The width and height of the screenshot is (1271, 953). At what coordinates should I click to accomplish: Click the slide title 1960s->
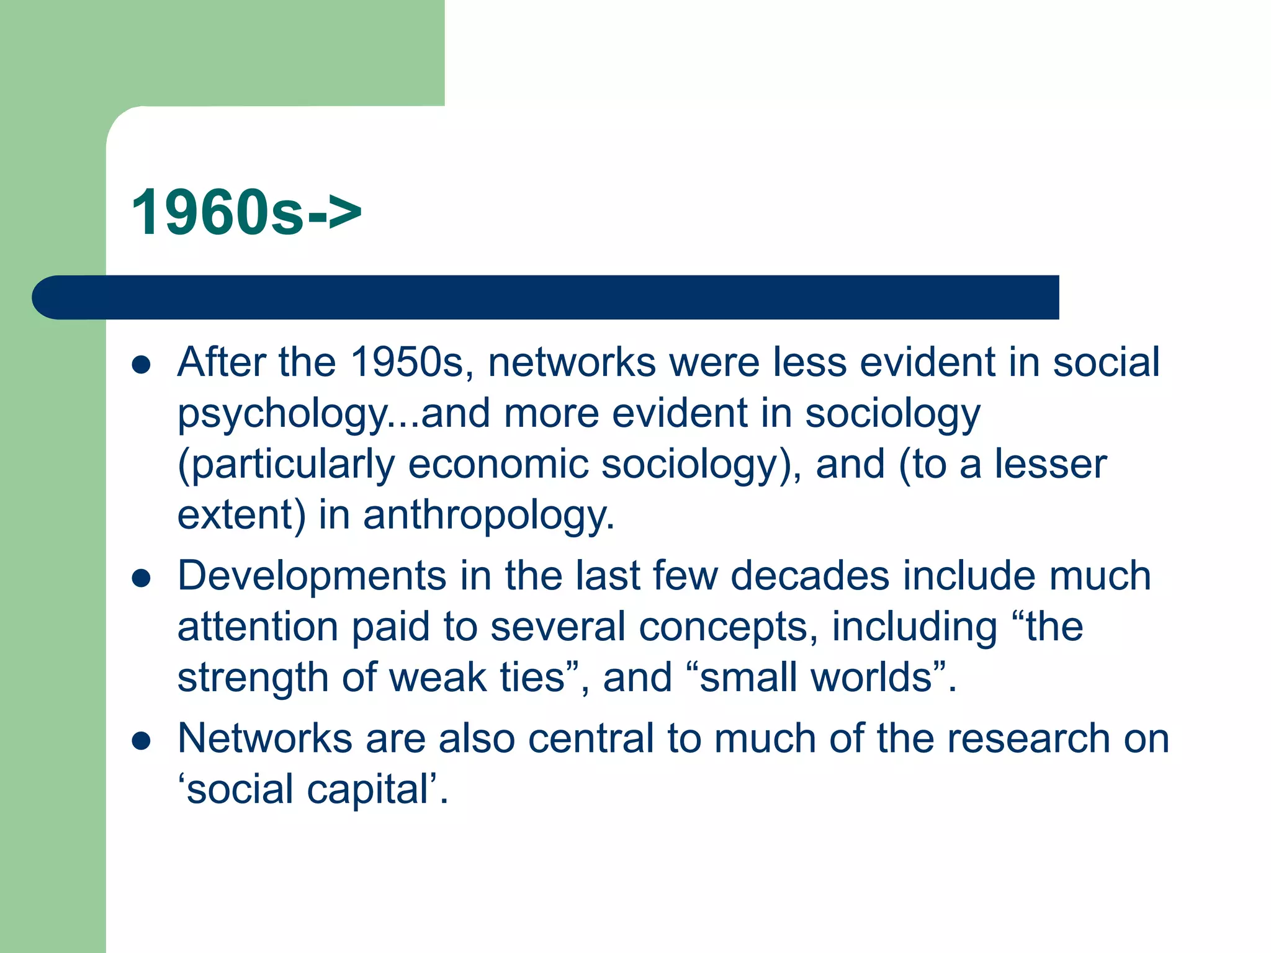[246, 213]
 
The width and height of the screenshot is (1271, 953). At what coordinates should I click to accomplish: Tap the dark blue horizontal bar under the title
[546, 297]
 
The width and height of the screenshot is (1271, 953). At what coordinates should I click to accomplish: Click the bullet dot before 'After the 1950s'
[141, 365]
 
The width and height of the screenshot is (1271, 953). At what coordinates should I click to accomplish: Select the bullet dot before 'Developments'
[141, 578]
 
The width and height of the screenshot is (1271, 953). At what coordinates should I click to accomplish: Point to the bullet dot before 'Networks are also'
[141, 741]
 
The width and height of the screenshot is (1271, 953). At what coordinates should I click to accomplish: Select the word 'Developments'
[312, 576]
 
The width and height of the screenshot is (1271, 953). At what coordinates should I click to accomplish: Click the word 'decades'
[810, 576]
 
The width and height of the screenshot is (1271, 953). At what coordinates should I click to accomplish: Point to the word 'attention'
[258, 627]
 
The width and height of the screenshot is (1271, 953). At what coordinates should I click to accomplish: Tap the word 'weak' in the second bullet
[438, 678]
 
